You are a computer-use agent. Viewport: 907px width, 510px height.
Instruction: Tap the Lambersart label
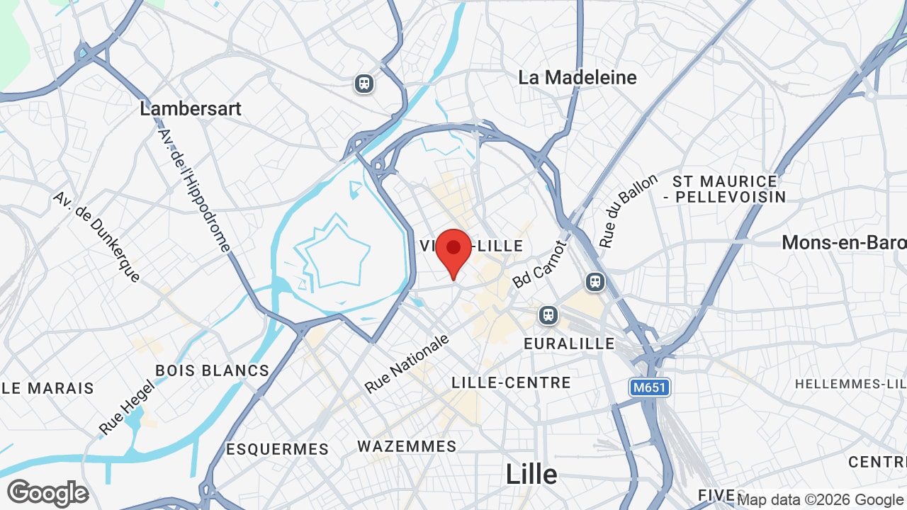191,108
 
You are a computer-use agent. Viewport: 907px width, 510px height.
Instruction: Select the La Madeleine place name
578,77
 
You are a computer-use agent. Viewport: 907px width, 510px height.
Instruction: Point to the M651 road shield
650,387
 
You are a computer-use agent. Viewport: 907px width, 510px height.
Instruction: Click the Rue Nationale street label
407,364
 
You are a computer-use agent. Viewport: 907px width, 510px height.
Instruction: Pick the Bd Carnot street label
540,264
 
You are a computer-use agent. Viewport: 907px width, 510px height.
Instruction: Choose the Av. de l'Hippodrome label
194,190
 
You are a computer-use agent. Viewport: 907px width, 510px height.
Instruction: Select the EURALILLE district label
569,344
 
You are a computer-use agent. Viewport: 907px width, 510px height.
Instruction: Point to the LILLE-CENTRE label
511,382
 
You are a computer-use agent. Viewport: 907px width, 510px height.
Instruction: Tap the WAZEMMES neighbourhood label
407,446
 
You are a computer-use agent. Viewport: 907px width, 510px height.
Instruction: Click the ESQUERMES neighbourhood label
277,449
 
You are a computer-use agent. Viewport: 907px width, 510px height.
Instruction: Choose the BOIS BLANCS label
212,370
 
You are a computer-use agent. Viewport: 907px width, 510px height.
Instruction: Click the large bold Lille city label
531,475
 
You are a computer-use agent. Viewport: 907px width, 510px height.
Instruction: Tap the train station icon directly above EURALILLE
548,314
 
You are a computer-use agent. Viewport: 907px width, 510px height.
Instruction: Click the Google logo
47,493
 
